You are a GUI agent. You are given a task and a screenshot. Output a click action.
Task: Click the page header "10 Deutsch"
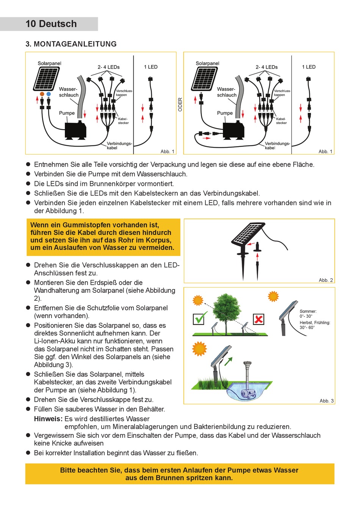51,24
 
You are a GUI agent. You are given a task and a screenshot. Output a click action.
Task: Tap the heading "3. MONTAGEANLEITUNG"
71,44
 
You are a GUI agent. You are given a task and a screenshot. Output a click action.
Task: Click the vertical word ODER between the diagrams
180,105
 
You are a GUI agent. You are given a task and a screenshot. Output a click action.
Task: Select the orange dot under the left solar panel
42,94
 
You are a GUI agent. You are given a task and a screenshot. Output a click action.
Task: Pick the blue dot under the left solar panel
49,94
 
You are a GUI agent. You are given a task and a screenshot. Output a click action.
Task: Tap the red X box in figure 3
258,319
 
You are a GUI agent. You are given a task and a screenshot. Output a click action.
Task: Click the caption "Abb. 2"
326,280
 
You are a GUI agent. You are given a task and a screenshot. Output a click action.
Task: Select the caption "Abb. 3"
326,401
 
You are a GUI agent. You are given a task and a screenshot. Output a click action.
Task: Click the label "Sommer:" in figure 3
308,311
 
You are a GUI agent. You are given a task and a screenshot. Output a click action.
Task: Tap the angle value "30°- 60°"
307,328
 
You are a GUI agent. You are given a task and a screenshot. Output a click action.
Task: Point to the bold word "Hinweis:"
48,419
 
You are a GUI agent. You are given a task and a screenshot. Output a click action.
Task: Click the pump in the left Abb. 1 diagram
75,130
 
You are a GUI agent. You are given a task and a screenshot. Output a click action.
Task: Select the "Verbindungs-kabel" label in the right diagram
277,145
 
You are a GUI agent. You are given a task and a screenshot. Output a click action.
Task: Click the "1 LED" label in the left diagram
150,67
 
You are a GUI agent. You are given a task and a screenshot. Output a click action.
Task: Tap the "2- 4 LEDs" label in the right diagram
266,67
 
